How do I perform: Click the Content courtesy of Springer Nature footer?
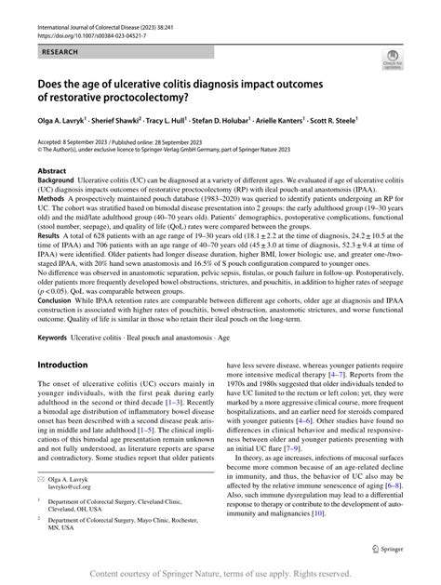(220, 574)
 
